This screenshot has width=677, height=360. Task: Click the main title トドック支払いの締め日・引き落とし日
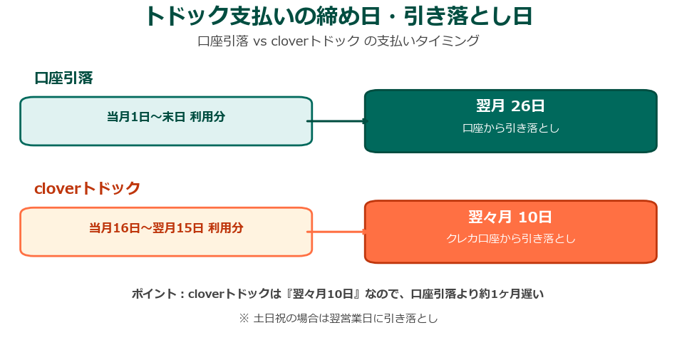click(x=338, y=16)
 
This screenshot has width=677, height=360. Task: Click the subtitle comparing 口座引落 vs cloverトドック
click(x=338, y=41)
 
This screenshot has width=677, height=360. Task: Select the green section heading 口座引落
click(x=63, y=78)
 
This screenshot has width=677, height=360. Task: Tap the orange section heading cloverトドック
click(x=88, y=188)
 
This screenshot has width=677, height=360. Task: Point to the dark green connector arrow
click(x=336, y=121)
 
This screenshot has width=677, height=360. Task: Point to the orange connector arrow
click(x=336, y=232)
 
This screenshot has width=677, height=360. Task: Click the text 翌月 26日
click(x=510, y=106)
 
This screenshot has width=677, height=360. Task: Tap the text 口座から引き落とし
click(x=510, y=128)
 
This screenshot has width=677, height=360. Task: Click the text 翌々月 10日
click(x=510, y=217)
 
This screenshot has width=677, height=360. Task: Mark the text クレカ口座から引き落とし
click(x=510, y=239)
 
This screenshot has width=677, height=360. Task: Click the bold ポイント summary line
click(x=338, y=294)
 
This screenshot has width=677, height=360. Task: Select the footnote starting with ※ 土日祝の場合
click(x=338, y=319)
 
